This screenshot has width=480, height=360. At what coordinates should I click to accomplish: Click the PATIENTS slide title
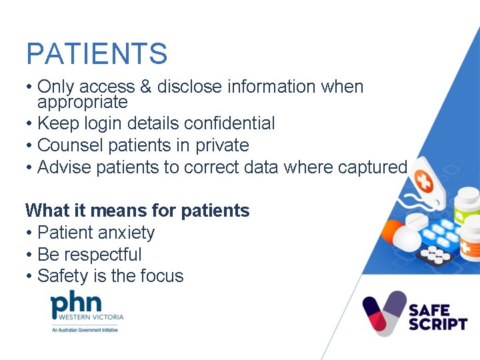click(x=97, y=54)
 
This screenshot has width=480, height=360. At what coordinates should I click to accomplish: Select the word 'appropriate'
click(x=82, y=103)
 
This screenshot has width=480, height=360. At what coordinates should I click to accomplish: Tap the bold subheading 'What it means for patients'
click(x=137, y=211)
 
